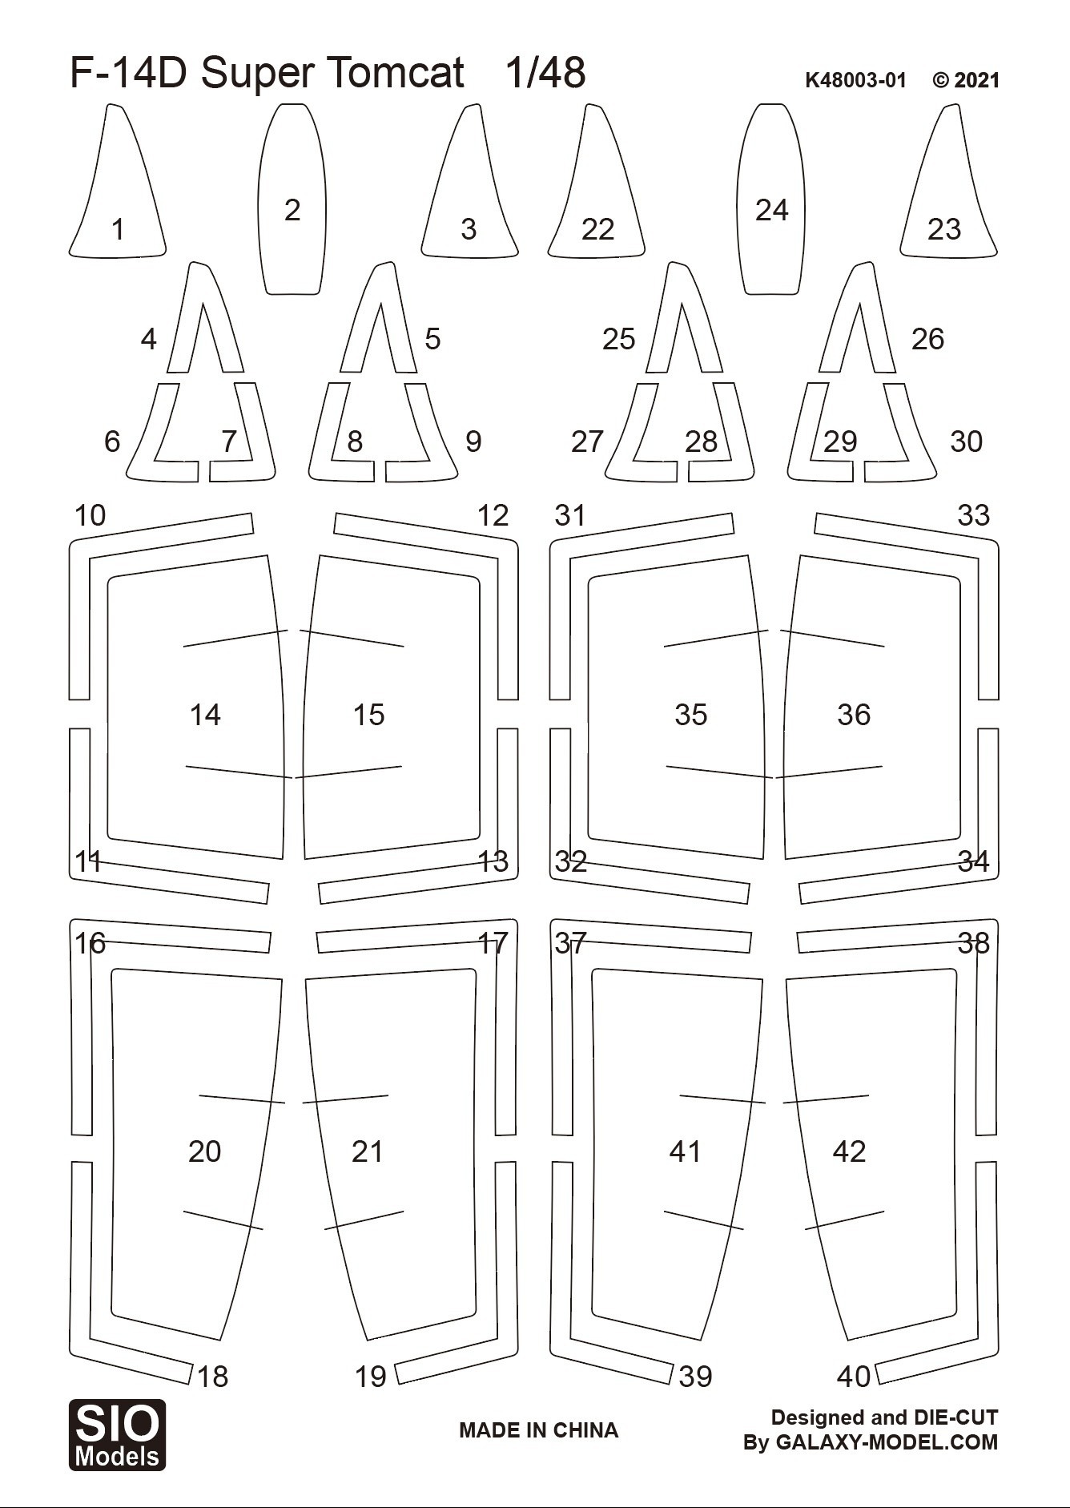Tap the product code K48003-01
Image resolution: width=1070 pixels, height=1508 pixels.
pos(855,80)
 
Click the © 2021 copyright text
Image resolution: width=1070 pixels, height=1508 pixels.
pos(967,80)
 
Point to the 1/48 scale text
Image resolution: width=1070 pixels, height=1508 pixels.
pos(545,73)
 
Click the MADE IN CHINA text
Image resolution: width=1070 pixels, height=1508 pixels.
pos(538,1430)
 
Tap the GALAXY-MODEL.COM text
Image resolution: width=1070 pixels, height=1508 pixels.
pos(887,1442)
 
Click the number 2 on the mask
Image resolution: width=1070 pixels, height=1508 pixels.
pos(292,210)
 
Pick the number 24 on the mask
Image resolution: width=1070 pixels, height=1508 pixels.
pos(772,210)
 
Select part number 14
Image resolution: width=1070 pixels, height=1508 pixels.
pos(205,715)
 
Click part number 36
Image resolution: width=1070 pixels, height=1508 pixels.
pos(854,715)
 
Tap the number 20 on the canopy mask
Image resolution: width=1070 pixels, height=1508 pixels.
pos(204,1151)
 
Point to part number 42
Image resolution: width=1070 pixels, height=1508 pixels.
pos(849,1151)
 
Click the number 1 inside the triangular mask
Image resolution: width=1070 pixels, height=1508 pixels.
pos(119,230)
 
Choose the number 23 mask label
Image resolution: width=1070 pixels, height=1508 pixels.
pos(944,230)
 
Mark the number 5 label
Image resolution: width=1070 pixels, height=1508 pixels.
pos(432,339)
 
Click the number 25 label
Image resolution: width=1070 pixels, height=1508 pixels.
pos(619,339)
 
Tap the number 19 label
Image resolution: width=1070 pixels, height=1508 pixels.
pos(371,1377)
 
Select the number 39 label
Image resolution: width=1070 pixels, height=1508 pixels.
pos(695,1377)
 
